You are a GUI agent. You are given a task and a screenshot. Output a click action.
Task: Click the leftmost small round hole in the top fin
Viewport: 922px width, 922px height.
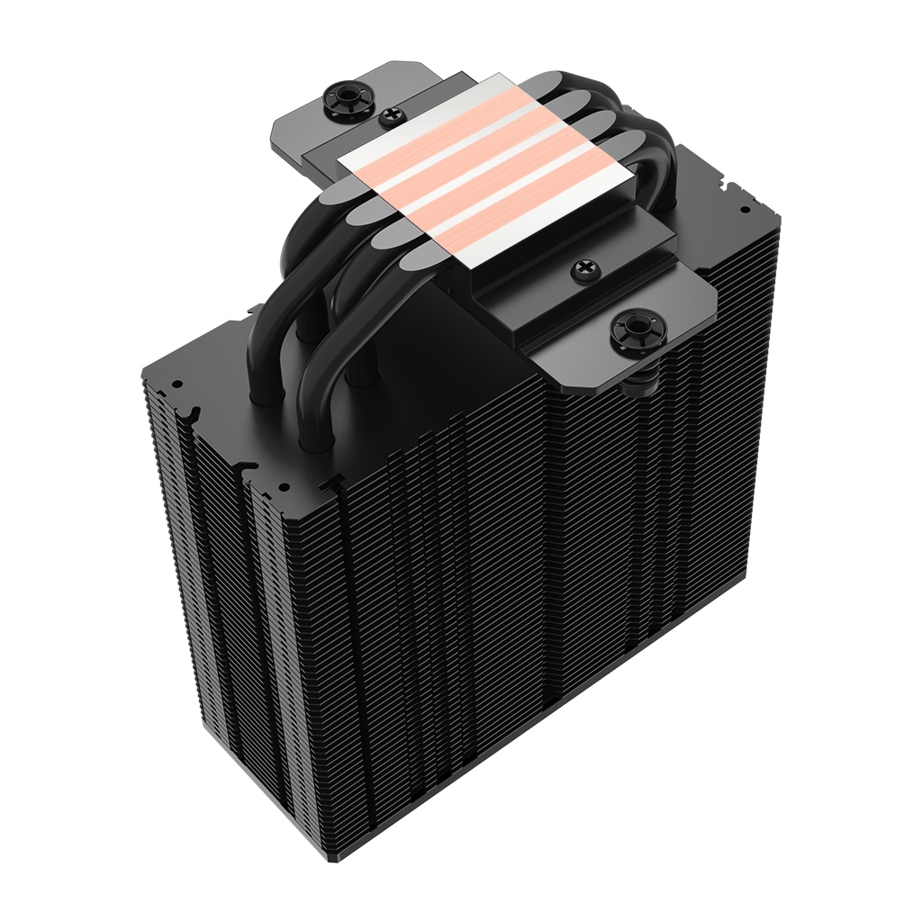pyautogui.click(x=177, y=384)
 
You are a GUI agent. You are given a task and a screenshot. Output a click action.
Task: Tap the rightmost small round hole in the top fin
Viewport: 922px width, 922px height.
pyautogui.click(x=746, y=208)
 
